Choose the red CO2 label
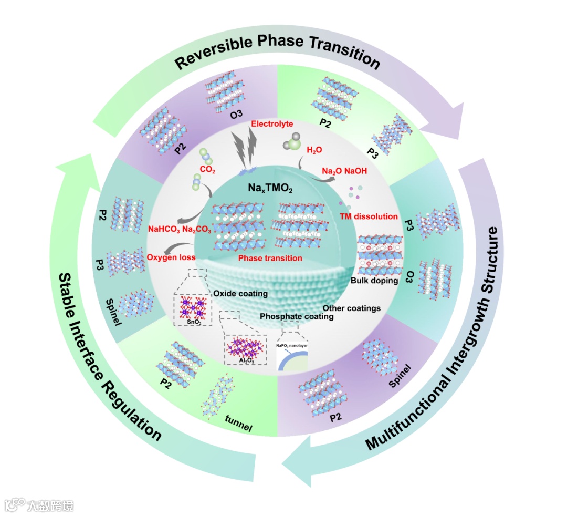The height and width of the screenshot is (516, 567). coord(208,171)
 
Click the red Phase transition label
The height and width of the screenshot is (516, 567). coord(270,258)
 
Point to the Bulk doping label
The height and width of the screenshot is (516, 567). coord(374,281)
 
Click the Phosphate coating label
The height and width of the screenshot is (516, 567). coord(297,316)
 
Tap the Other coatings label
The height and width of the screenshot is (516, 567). coord(351,308)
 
